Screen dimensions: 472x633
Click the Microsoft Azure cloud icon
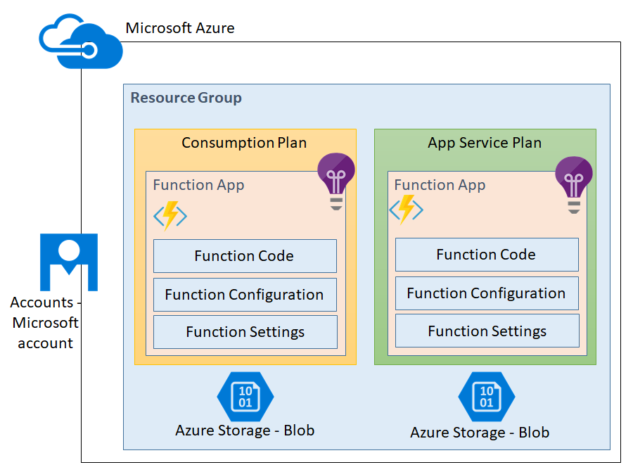tap(79, 42)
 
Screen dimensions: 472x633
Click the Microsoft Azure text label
tap(180, 29)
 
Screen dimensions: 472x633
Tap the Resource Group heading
tap(186, 98)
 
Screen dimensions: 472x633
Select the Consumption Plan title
tap(244, 143)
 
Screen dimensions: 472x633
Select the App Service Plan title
tap(485, 143)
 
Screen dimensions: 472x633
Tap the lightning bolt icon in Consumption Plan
tap(170, 215)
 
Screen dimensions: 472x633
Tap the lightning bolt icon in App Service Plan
tap(406, 209)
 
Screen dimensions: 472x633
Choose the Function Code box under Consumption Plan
tap(245, 256)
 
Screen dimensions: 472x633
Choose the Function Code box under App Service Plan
tap(487, 255)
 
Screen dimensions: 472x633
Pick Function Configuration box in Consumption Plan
tap(245, 295)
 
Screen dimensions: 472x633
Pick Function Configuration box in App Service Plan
tap(487, 293)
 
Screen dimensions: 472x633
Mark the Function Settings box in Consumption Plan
tap(245, 332)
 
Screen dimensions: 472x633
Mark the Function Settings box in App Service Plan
tap(487, 331)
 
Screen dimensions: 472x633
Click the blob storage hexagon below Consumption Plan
tap(245, 397)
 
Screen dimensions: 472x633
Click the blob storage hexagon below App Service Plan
tap(486, 397)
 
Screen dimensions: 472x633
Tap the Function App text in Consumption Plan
tap(198, 185)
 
